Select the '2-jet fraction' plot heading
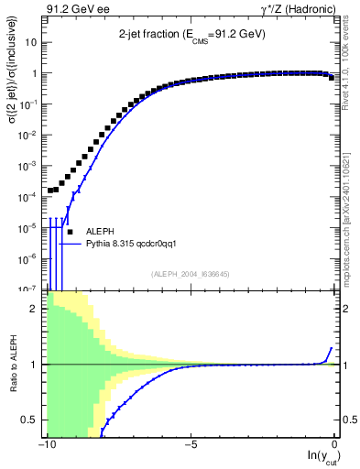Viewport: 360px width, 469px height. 191,34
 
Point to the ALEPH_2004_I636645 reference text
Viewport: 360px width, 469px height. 191,274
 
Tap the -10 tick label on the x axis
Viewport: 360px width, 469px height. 43,446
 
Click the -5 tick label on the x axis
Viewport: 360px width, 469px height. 189,446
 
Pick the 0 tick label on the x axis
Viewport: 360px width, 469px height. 336,446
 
